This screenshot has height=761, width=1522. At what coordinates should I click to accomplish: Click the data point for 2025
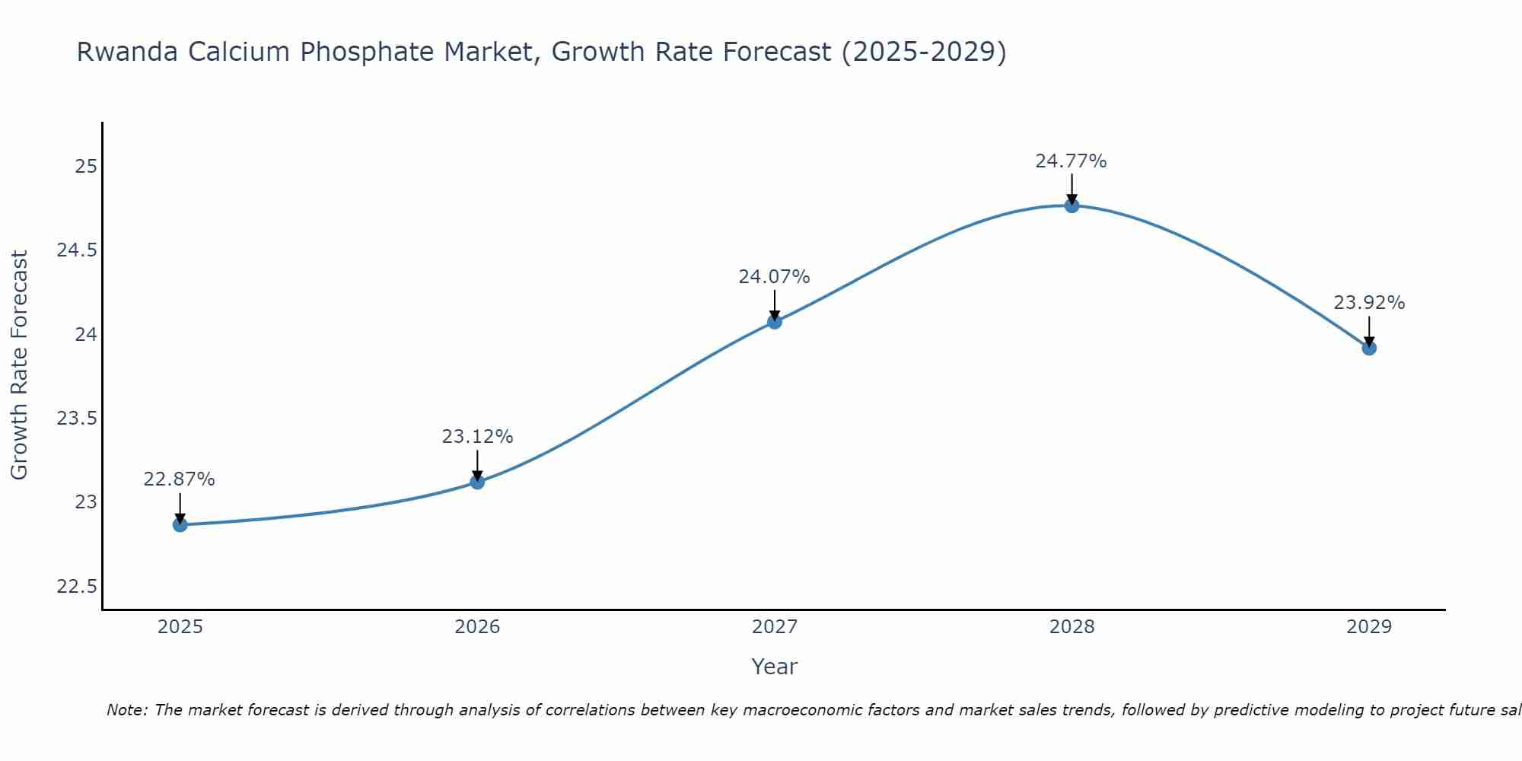coord(180,524)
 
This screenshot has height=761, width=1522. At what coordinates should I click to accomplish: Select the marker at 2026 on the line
coord(477,482)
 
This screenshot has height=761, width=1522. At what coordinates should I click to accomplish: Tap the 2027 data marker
coord(775,321)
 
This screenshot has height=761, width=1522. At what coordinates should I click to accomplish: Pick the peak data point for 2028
coord(1071,205)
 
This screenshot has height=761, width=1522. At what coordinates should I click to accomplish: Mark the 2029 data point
coord(1369,348)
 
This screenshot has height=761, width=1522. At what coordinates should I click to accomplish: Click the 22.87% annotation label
coord(180,479)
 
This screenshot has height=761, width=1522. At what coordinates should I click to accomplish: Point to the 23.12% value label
coord(477,437)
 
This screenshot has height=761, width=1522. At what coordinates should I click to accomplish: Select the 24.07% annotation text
coord(774,277)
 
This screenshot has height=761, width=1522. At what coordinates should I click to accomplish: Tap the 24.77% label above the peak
coord(1071,161)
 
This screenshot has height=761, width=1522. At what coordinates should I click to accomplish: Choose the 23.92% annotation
coord(1369,303)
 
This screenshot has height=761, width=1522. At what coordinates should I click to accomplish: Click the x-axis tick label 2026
coord(477,627)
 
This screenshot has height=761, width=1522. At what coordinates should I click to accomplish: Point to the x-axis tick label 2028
coord(1071,627)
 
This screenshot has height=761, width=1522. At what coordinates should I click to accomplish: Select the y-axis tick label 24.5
coord(77,250)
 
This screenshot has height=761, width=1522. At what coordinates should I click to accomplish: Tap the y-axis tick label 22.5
coord(77,587)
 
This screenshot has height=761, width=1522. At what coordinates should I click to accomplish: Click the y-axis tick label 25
coord(86,166)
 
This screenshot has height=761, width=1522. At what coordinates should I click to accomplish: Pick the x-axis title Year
coord(774,667)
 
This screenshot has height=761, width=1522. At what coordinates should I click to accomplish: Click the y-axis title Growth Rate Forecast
coord(19,365)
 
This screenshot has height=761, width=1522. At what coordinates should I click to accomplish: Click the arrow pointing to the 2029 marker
coord(1369,330)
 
